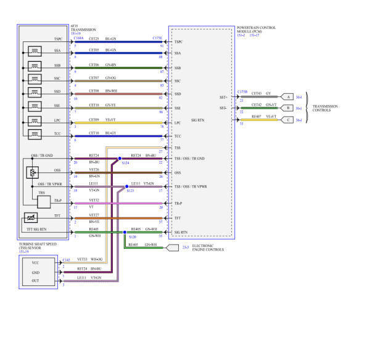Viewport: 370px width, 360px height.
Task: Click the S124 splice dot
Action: click(x=120, y=159)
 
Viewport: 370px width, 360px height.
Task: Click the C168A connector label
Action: click(x=79, y=38)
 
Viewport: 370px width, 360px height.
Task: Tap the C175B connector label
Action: click(x=242, y=91)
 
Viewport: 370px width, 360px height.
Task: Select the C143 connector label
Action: click(x=66, y=260)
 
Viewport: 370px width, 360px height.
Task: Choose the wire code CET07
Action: click(x=94, y=78)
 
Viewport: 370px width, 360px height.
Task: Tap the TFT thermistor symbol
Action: click(x=30, y=218)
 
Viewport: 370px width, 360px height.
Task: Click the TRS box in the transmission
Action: click(x=41, y=192)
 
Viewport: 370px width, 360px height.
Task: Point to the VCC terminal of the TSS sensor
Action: click(x=36, y=262)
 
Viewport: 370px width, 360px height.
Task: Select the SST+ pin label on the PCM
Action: click(x=223, y=97)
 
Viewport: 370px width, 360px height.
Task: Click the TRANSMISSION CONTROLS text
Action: click(x=325, y=107)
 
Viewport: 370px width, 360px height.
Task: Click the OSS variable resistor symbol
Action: click(x=30, y=173)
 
